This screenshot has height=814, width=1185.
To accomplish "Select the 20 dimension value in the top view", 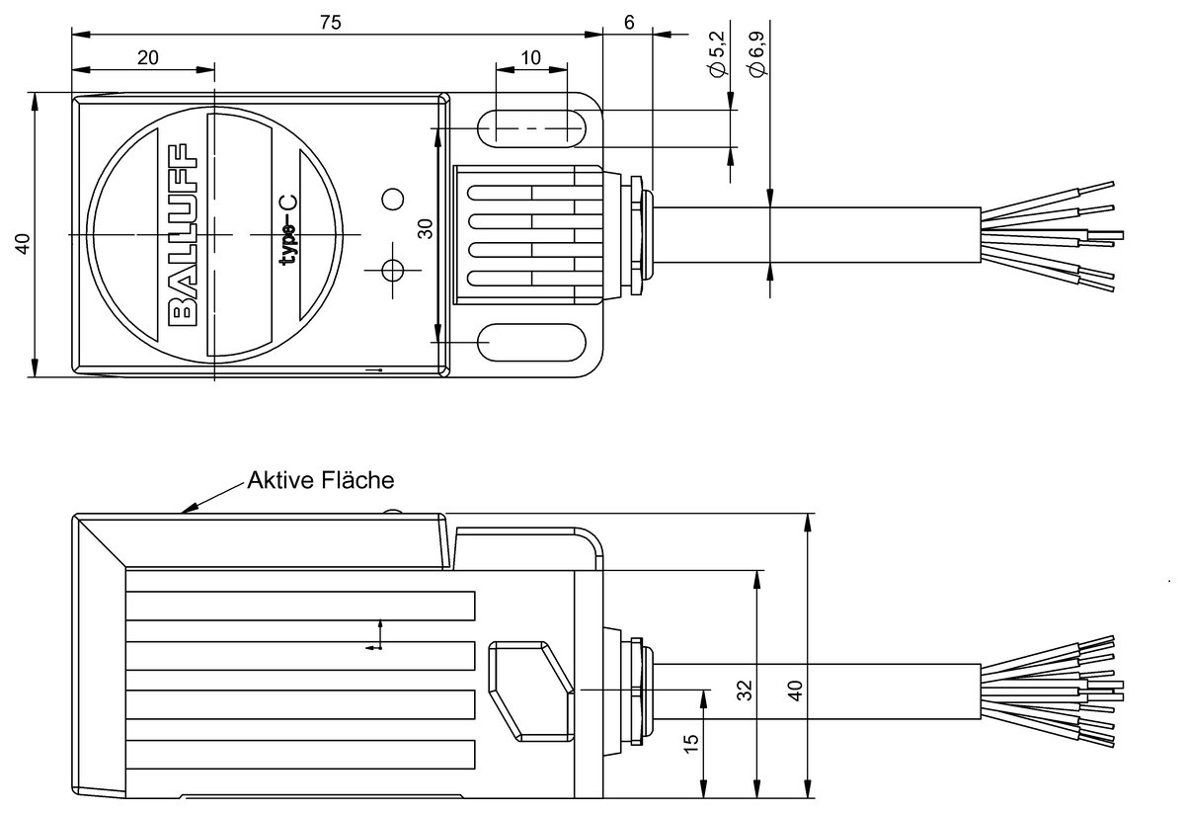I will pos(148,57).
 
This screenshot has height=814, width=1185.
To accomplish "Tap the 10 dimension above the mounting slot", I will pos(530,57).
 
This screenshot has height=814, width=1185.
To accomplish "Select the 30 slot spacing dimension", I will pos(425,229).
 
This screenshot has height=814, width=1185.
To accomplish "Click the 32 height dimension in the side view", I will pos(745,689).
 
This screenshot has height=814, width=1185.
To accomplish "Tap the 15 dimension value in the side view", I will pos(692,741).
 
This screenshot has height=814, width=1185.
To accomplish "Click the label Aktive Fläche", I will pos(320,481).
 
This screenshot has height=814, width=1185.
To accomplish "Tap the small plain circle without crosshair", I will pos(393,200).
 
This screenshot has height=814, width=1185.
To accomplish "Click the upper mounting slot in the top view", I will pos(530,127).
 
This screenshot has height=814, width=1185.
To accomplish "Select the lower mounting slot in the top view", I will pos(530,342).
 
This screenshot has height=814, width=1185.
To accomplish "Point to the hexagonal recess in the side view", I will pos(531,691).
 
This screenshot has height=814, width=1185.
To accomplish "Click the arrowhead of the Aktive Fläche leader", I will pos(187,511).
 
